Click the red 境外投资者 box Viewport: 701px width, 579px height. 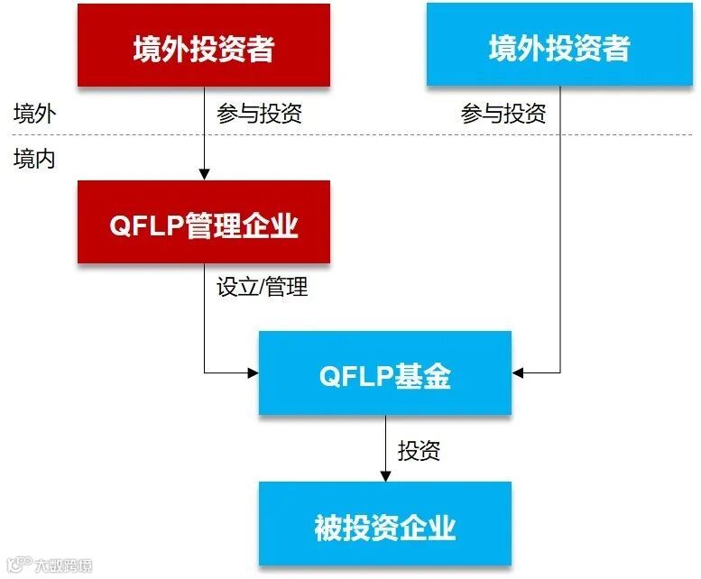pyautogui.click(x=204, y=46)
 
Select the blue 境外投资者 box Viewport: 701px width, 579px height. pyautogui.click(x=558, y=46)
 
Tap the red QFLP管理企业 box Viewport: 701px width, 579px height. pyautogui.click(x=204, y=223)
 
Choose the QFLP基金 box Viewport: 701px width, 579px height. pyautogui.click(x=385, y=374)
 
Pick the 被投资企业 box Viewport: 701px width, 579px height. pyautogui.click(x=385, y=525)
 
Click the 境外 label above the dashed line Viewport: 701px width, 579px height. pyautogui.click(x=34, y=114)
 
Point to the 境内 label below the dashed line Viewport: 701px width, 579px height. pyautogui.click(x=34, y=159)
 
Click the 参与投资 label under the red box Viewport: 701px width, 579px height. pyautogui.click(x=259, y=114)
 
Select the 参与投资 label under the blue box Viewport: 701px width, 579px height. pyautogui.click(x=503, y=114)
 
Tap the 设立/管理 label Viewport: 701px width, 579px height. pyautogui.click(x=263, y=287)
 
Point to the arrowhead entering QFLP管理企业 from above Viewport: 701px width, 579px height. pyautogui.click(x=205, y=174)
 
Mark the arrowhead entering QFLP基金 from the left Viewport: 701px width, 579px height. pyautogui.click(x=253, y=372)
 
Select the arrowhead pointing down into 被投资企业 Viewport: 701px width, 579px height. pyautogui.click(x=385, y=475)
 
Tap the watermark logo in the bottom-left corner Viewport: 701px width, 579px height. pyautogui.click(x=18, y=565)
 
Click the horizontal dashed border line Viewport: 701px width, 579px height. pyautogui.click(x=361, y=135)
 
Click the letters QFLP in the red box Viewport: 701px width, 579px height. pyautogui.click(x=146, y=225)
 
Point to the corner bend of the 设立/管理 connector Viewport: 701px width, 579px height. pyautogui.click(x=205, y=372)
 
